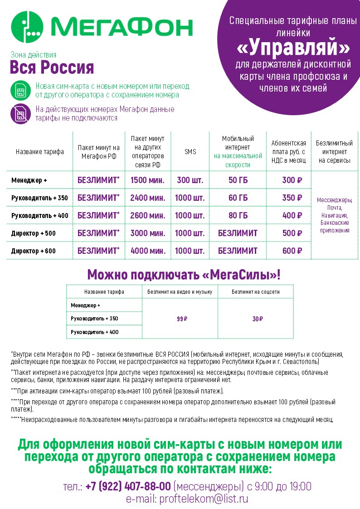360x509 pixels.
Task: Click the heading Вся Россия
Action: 52,68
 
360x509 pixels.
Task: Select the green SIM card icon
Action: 20,91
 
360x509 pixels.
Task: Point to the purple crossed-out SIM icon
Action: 20,114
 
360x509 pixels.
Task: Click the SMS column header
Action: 190,152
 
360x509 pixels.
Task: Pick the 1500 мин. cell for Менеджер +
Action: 147,180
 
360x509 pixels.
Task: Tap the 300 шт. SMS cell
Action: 190,180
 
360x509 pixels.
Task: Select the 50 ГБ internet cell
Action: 238,180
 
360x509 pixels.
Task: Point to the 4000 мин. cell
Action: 147,251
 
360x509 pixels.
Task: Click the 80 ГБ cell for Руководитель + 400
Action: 238,216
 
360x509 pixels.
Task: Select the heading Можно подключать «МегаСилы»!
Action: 184,275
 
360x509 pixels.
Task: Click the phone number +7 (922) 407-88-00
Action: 128,486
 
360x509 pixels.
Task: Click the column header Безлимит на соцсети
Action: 256,292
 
